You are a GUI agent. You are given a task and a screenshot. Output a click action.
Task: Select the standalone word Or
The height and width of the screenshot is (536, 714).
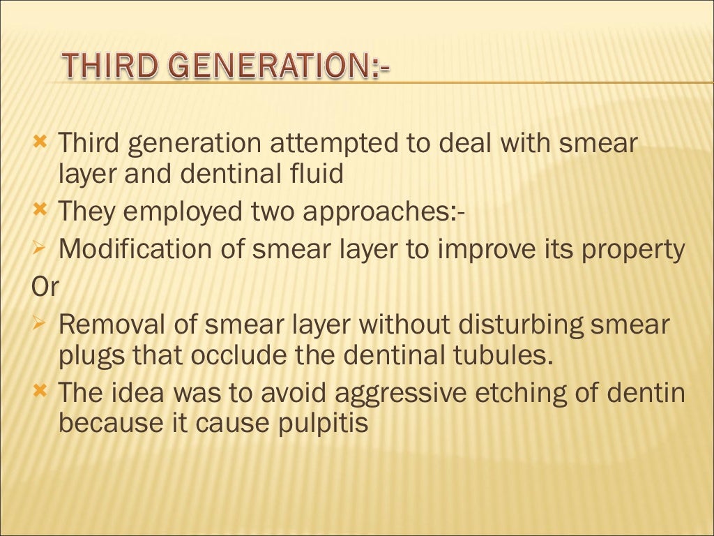[45, 288]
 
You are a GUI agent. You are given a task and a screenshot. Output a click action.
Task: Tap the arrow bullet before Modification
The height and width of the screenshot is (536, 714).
[40, 248]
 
